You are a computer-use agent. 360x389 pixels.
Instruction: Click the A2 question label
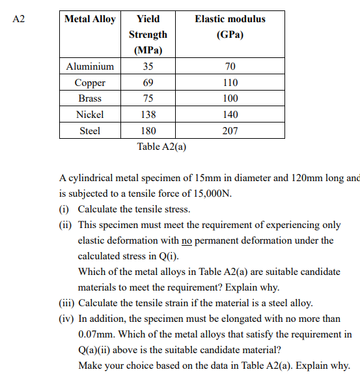coord(18,19)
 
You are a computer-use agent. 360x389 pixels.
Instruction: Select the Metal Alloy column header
coord(90,19)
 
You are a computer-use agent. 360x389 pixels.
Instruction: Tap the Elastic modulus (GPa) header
coord(230,27)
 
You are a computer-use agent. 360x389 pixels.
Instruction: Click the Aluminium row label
coord(90,66)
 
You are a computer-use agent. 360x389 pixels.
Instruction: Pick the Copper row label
coord(90,83)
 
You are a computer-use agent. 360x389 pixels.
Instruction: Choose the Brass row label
coord(90,98)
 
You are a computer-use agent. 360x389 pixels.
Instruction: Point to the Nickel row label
coord(90,114)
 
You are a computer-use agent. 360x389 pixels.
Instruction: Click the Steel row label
coord(90,130)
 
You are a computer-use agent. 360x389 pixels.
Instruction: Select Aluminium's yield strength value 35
coord(148,66)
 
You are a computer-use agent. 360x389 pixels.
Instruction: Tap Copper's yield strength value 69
coord(148,83)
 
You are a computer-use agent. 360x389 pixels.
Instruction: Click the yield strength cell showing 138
coord(148,114)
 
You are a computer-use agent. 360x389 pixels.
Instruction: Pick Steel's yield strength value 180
coord(148,130)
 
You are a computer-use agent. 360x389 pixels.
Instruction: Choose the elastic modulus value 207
coord(230,130)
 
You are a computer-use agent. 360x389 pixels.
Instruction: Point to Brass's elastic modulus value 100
coord(230,98)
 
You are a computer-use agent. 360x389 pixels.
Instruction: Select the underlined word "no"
coord(187,240)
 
